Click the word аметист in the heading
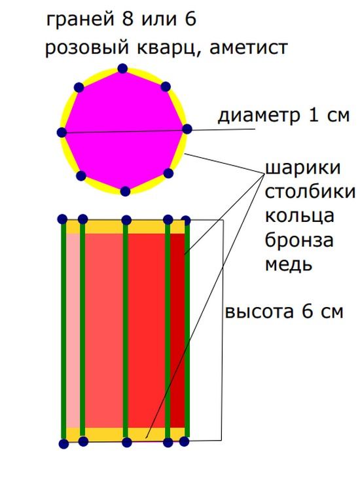pyautogui.click(x=249, y=48)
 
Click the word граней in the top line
pyautogui.click(x=81, y=20)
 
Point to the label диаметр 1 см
pyautogui.click(x=283, y=116)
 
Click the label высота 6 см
pyautogui.click(x=284, y=312)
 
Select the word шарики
pyautogui.click(x=302, y=168)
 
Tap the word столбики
pyautogui.click(x=310, y=192)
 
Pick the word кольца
pyautogui.click(x=299, y=216)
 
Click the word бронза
pyautogui.click(x=298, y=240)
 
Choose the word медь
pyautogui.click(x=289, y=264)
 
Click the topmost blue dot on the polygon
pyautogui.click(x=122, y=68)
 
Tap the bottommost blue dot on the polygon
pyautogui.click(x=125, y=191)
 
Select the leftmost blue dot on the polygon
pyautogui.click(x=62, y=133)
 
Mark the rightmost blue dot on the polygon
pyautogui.click(x=187, y=129)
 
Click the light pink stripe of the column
pyautogui.click(x=73, y=331)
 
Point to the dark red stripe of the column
pyautogui.click(x=177, y=331)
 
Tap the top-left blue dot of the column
pyautogui.click(x=62, y=219)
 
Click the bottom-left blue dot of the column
pyautogui.click(x=63, y=444)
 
